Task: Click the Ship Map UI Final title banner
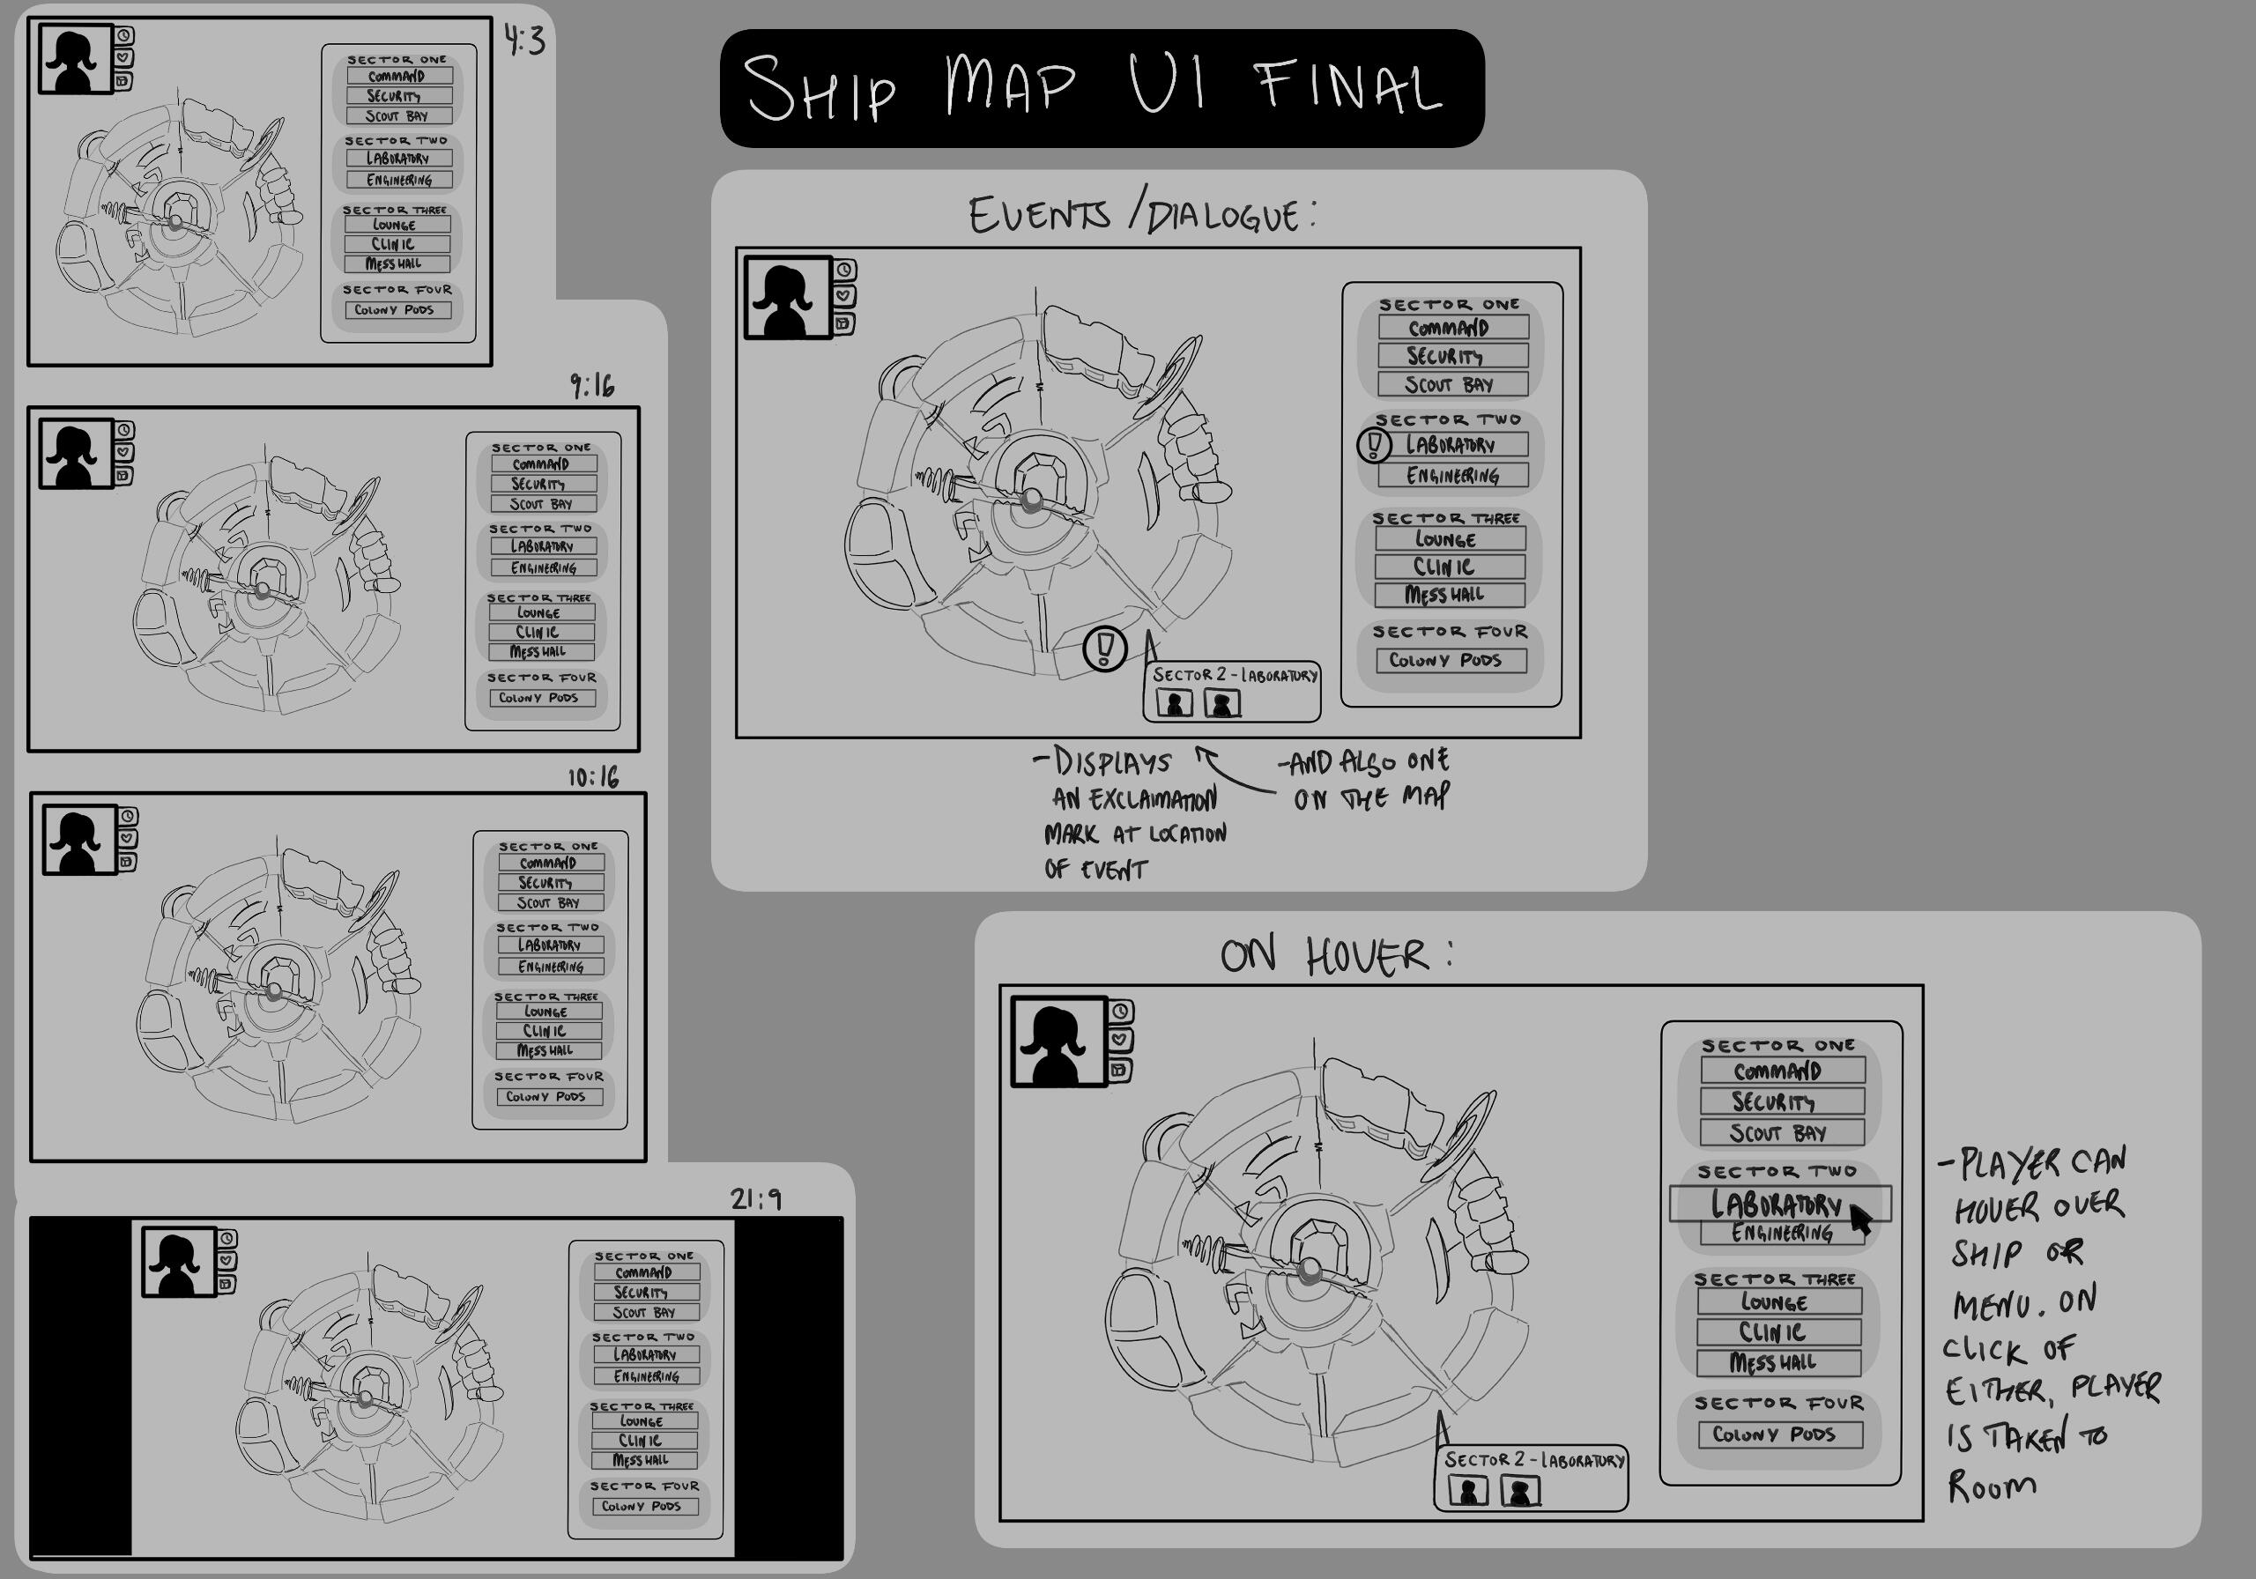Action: (1101, 88)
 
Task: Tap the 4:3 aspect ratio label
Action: (524, 41)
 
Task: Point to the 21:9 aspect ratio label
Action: (755, 1198)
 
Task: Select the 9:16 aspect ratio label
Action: (592, 386)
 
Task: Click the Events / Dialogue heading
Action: (1142, 214)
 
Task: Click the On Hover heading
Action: (1335, 955)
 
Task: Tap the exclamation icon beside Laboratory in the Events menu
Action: (1374, 445)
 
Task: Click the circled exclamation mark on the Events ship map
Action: (1104, 649)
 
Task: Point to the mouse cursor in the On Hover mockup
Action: (1860, 1219)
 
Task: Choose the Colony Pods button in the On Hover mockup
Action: (1780, 1434)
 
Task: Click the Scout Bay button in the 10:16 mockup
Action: (548, 902)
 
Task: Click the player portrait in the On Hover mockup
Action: (1058, 1042)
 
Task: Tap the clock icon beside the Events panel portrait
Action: (844, 271)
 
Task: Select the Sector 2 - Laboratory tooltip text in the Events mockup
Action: (1234, 675)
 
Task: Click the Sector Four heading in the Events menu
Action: (1450, 632)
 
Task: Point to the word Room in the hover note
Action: (1992, 1486)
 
